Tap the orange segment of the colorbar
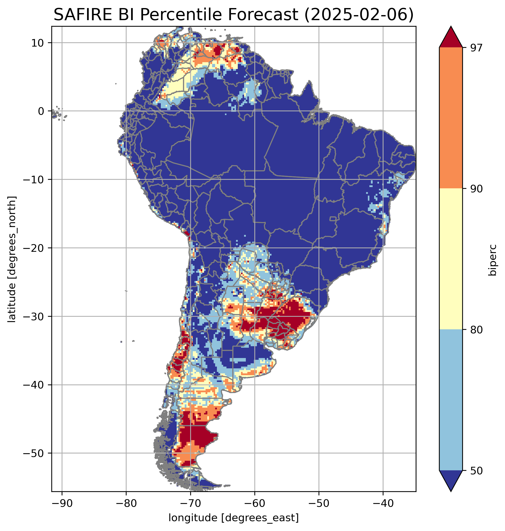[451, 118]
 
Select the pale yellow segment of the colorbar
[451, 259]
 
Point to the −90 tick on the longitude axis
[62, 503]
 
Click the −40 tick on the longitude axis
[383, 503]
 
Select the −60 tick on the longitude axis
[254, 503]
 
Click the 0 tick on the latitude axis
[41, 111]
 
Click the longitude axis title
[234, 517]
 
